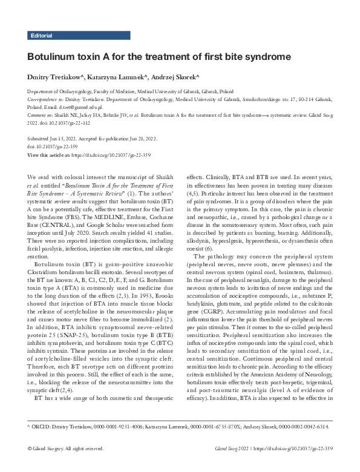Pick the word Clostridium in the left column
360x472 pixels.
pos(42,228)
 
